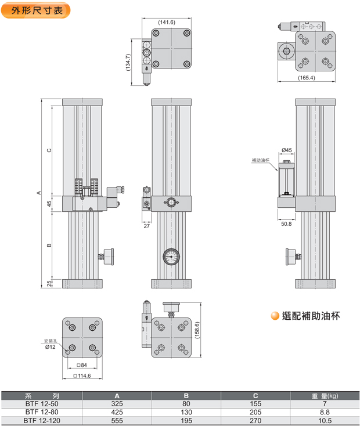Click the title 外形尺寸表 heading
coord(37,10)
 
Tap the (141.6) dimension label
coord(167,22)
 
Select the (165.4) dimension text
coord(306,78)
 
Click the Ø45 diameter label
coord(286,150)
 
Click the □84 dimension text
coord(82,365)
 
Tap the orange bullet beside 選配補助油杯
coord(275,316)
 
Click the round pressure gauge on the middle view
coord(171,256)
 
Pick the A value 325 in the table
coord(117,403)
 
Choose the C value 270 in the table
coord(255,420)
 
